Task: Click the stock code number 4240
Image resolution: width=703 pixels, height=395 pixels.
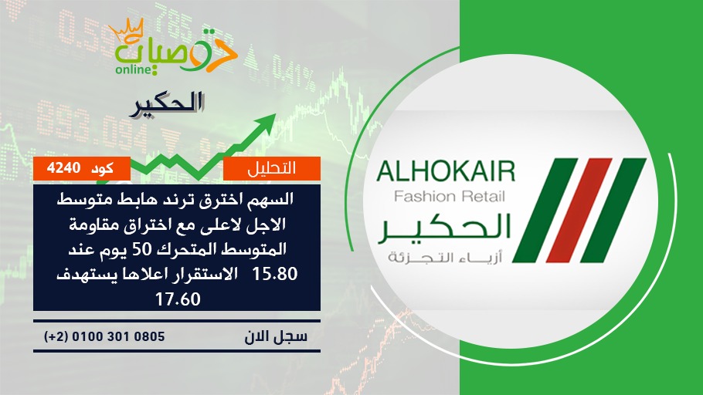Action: click(x=63, y=168)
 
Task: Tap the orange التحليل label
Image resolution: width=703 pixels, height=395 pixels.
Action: click(x=272, y=168)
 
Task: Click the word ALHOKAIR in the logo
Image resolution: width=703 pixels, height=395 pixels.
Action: click(x=446, y=172)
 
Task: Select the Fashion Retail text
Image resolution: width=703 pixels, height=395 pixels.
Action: click(x=450, y=196)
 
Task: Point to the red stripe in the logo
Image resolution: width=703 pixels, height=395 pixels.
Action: click(x=579, y=210)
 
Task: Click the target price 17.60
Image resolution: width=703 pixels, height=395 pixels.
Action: click(x=178, y=299)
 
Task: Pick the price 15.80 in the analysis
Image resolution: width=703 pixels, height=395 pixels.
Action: click(x=275, y=274)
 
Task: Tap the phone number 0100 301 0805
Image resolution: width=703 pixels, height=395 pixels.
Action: click(x=118, y=336)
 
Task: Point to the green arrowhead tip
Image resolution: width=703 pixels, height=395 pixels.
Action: click(x=275, y=114)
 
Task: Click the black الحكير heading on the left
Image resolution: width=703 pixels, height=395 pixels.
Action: click(x=167, y=104)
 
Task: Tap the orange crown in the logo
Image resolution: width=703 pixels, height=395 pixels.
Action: click(x=127, y=32)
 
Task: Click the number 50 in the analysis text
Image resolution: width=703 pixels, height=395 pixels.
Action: click(x=145, y=249)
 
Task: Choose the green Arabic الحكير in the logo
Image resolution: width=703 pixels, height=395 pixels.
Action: click(x=444, y=228)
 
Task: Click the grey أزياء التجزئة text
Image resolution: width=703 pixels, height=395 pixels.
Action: click(x=445, y=257)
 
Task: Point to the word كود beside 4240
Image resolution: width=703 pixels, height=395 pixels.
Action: click(x=102, y=168)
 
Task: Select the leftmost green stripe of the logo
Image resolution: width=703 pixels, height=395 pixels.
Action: click(x=545, y=210)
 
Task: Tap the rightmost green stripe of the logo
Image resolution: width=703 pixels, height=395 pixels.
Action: click(x=613, y=210)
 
